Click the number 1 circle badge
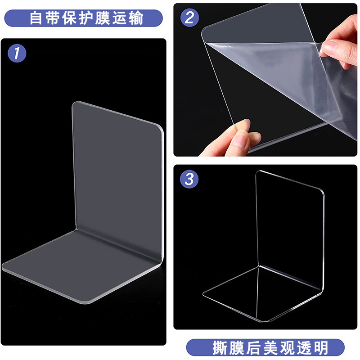point(17,53)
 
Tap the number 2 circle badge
point(189,18)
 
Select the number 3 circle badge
point(189,179)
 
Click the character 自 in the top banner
point(36,18)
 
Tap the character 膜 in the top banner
point(103,18)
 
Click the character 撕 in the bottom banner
point(220,348)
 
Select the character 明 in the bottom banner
point(320,348)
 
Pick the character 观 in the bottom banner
point(287,348)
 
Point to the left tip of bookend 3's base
point(204,293)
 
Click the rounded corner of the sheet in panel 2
point(205,31)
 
